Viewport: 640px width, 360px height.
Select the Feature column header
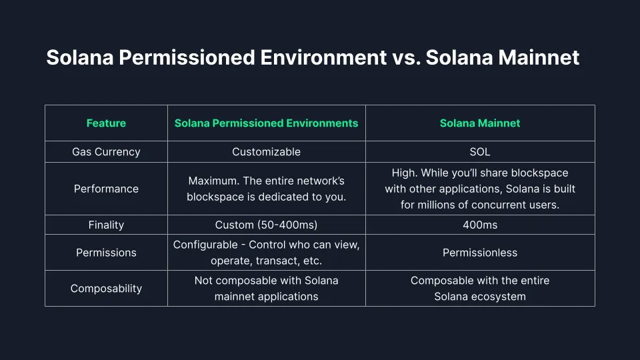point(106,123)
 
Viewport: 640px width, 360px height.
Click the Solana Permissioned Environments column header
point(266,123)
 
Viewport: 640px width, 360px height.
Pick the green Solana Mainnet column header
point(479,123)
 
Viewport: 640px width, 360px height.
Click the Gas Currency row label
point(106,151)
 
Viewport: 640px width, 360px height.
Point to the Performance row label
point(106,189)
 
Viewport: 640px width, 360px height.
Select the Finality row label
point(106,225)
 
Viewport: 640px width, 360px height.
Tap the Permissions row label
point(106,253)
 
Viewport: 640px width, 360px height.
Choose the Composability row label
point(106,288)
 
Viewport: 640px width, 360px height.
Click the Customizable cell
point(266,151)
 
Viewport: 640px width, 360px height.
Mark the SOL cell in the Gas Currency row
point(479,151)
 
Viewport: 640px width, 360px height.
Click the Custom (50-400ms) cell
point(266,225)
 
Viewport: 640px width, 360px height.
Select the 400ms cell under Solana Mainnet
point(479,225)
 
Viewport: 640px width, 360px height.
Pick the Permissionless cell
point(479,253)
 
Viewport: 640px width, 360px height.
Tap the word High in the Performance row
point(404,173)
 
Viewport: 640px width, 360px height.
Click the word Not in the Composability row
point(204,280)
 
